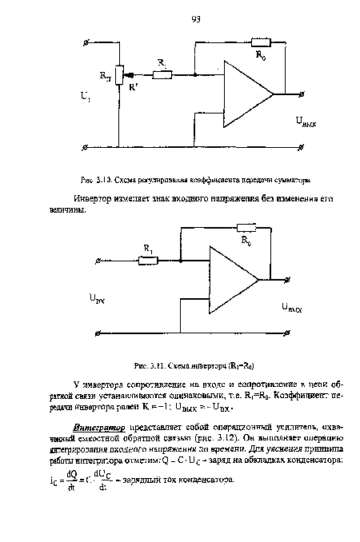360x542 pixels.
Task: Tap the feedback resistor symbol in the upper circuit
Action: [x=262, y=42]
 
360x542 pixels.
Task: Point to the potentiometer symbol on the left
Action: [x=118, y=75]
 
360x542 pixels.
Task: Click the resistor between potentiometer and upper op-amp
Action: [x=162, y=75]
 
